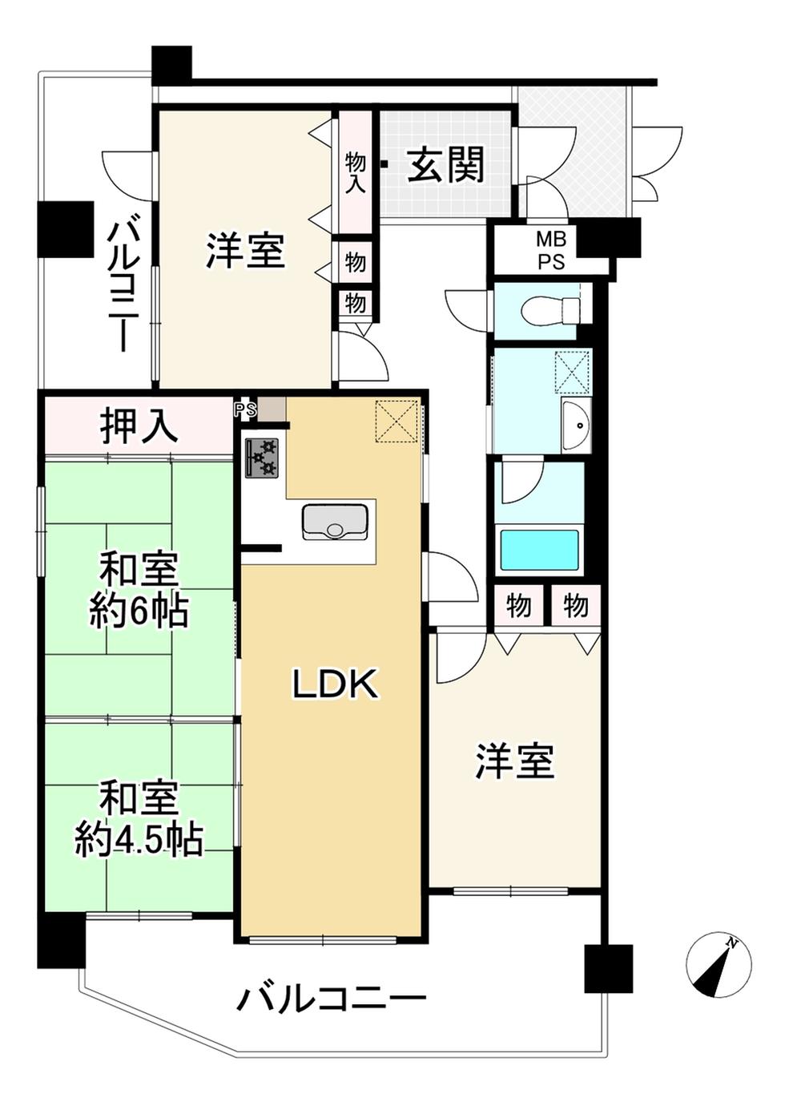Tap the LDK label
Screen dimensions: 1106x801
pos(334,684)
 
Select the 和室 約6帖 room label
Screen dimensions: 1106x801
pos(139,591)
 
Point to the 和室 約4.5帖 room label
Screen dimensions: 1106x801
pos(139,818)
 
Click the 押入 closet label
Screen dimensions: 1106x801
pos(139,426)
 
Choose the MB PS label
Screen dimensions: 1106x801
pos(550,251)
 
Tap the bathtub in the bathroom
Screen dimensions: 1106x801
pos(539,551)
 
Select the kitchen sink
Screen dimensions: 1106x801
pos(335,523)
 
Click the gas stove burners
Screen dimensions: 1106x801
pos(262,458)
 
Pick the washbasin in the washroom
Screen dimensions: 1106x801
pos(574,426)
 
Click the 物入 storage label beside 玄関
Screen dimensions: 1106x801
pos(355,172)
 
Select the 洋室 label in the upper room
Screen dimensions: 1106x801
pos(245,250)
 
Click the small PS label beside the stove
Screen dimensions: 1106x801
pos(244,410)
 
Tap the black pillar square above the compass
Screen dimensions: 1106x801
pos(608,968)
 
